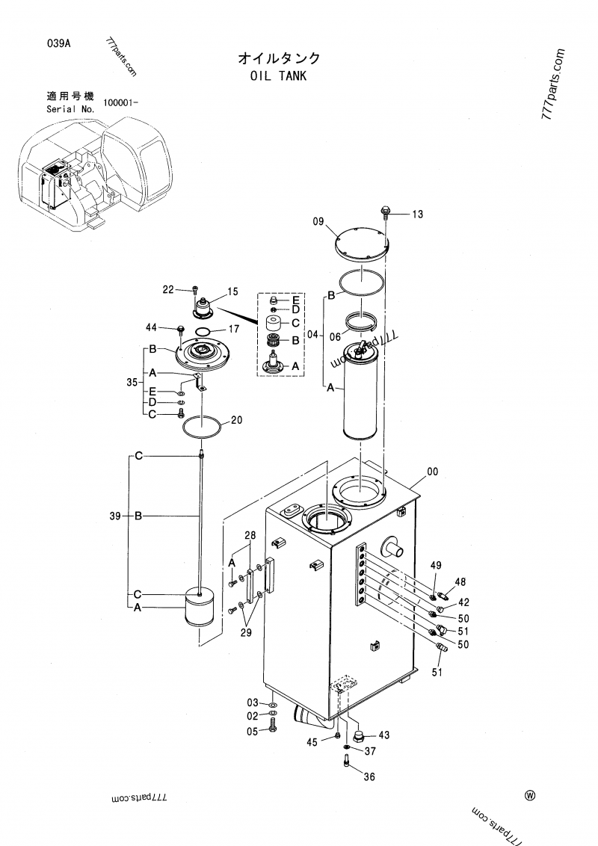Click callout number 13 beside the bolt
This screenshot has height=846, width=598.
pyautogui.click(x=417, y=214)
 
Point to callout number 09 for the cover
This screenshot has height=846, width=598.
pyautogui.click(x=318, y=221)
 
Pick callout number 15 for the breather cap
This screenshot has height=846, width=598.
pyautogui.click(x=232, y=291)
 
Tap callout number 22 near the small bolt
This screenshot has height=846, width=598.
pyautogui.click(x=168, y=289)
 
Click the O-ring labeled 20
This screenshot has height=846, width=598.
pyautogui.click(x=202, y=428)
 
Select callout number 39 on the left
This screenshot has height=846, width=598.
pyautogui.click(x=116, y=516)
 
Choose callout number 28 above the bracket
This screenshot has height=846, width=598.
pyautogui.click(x=250, y=535)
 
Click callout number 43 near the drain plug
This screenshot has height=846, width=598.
pyautogui.click(x=384, y=735)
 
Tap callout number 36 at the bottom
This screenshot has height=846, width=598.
pyautogui.click(x=369, y=777)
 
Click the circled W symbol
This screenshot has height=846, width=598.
pyautogui.click(x=530, y=795)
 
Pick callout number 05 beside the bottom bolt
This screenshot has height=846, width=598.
pyautogui.click(x=253, y=730)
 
